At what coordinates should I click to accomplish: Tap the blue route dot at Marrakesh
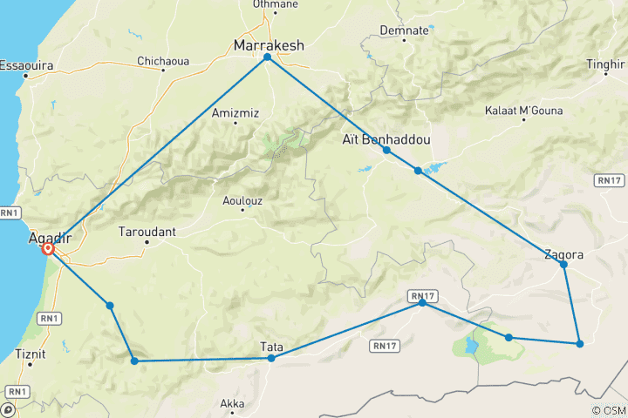(x=267, y=57)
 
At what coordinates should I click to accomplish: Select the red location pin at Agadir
(x=49, y=250)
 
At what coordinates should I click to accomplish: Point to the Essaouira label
(x=25, y=65)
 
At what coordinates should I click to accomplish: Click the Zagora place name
(x=564, y=254)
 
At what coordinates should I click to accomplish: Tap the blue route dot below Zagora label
(x=564, y=264)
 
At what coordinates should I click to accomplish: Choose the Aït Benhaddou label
(x=386, y=138)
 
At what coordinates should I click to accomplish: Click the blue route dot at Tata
(x=271, y=358)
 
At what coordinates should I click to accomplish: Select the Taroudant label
(x=147, y=233)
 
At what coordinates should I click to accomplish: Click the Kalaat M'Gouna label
(x=523, y=111)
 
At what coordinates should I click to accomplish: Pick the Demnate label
(x=405, y=30)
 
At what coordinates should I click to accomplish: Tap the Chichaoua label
(x=163, y=61)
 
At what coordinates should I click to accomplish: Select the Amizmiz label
(x=235, y=112)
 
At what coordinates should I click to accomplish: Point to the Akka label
(x=232, y=403)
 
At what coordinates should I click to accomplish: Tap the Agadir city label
(x=49, y=236)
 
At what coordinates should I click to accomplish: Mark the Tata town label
(x=272, y=347)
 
